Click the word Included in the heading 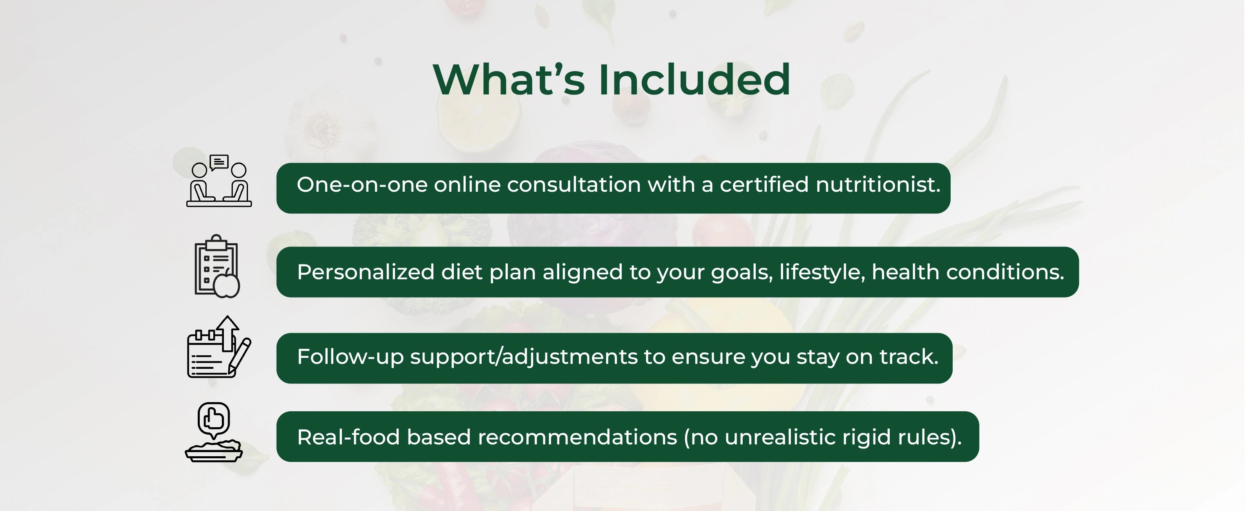(x=694, y=79)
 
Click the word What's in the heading (x=509, y=79)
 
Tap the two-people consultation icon (x=219, y=181)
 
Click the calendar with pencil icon (x=219, y=347)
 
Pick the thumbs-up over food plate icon (x=214, y=432)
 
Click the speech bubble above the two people (x=219, y=162)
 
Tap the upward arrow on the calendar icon (x=227, y=333)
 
